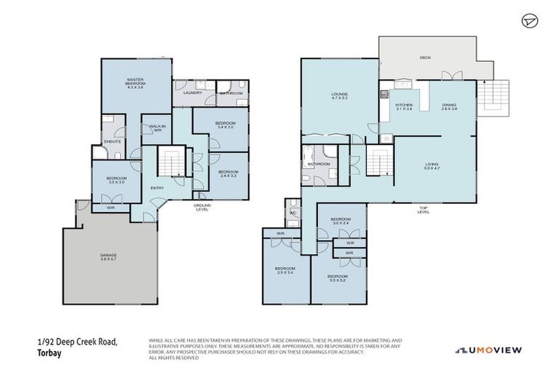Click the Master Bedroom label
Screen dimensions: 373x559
click(136, 83)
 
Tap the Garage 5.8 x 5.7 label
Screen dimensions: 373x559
click(108, 256)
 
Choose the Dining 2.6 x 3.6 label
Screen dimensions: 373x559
click(449, 106)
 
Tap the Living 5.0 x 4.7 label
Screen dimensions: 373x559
click(432, 166)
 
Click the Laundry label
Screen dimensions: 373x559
click(192, 93)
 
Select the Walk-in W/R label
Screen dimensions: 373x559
click(156, 128)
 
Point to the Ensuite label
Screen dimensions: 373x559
click(113, 141)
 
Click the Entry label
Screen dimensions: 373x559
click(156, 188)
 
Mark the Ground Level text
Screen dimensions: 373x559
click(202, 208)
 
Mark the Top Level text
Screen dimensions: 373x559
click(424, 211)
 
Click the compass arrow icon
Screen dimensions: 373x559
click(529, 21)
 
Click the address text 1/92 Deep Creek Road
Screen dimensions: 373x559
click(77, 341)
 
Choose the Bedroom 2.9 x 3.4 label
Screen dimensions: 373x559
click(284, 270)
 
